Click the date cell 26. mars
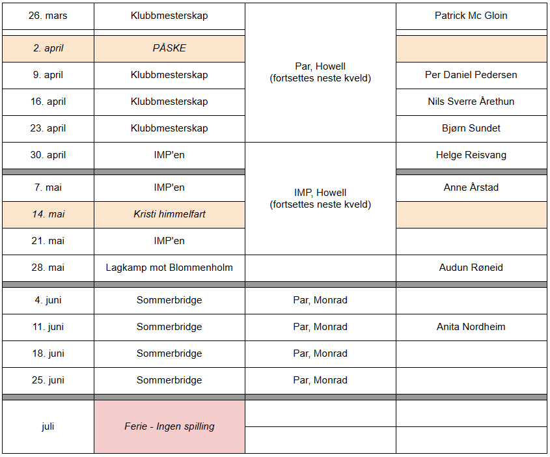click(48, 16)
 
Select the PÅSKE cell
click(169, 48)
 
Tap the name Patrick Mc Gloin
click(471, 16)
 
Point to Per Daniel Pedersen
click(471, 75)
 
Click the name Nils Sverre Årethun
click(471, 102)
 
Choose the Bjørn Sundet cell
click(471, 128)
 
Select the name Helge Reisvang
click(471, 155)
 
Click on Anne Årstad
click(471, 187)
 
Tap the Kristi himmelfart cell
click(169, 214)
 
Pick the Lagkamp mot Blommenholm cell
click(169, 268)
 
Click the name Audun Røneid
click(471, 268)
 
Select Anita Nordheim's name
click(471, 327)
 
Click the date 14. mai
click(48, 214)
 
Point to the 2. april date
click(48, 48)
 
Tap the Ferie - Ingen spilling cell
click(169, 426)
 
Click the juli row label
click(48, 426)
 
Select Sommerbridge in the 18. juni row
click(169, 353)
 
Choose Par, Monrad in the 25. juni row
click(320, 380)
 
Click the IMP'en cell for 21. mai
click(169, 241)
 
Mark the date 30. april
click(48, 155)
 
